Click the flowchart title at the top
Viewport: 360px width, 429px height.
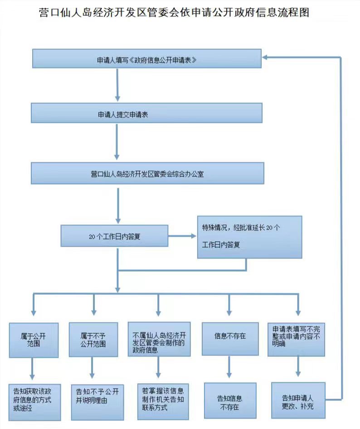click(x=174, y=13)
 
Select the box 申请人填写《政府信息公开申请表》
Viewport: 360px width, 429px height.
click(x=147, y=58)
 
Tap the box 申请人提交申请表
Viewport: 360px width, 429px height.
click(x=146, y=113)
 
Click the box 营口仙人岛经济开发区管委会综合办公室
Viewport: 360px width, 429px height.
click(x=147, y=173)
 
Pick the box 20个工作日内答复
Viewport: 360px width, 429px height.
click(x=114, y=236)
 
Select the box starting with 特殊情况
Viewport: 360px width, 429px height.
click(x=250, y=237)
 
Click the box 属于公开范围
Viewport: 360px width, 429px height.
click(x=34, y=340)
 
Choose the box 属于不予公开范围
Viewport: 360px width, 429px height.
click(x=93, y=340)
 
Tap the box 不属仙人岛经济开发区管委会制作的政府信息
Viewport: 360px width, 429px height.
click(x=159, y=339)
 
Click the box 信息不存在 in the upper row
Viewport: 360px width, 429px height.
click(x=230, y=339)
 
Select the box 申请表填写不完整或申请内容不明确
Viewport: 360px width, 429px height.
click(x=296, y=340)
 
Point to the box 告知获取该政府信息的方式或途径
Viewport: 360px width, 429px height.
click(x=35, y=402)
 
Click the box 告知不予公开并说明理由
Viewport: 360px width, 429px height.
click(x=97, y=402)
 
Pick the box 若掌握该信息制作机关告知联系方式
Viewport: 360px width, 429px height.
click(x=163, y=402)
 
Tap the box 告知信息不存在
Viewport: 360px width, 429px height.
click(x=230, y=401)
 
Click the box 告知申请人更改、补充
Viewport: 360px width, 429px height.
click(x=298, y=400)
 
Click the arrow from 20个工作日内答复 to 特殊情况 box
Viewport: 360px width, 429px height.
click(x=182, y=236)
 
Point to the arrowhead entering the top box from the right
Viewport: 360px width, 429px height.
click(x=265, y=58)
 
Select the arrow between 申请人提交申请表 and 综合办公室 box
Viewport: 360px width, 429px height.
click(x=117, y=141)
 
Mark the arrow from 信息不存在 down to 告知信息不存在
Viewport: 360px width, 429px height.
click(x=229, y=367)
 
